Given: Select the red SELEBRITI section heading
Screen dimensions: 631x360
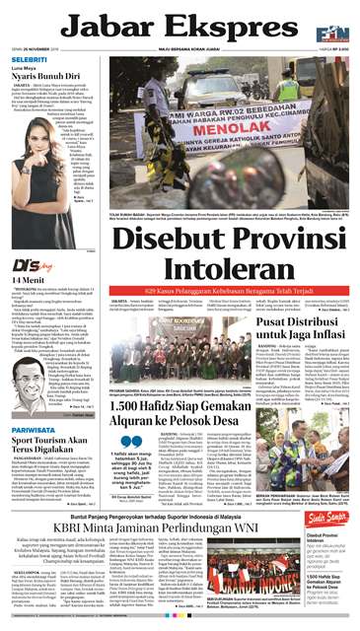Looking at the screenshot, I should click(x=27, y=59).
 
